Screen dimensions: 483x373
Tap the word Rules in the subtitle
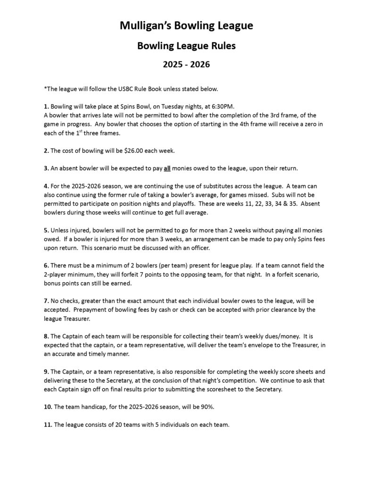(x=220, y=46)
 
